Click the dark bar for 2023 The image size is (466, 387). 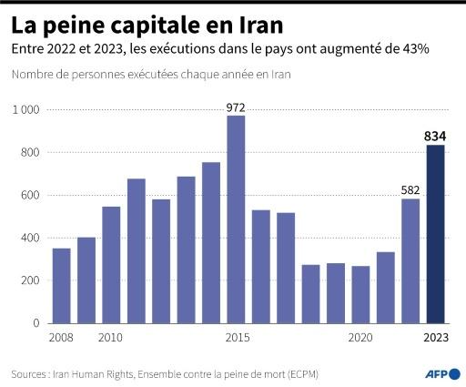click(435, 234)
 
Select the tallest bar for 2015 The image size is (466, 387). click(236, 219)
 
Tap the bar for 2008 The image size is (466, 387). click(62, 285)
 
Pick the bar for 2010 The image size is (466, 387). click(111, 264)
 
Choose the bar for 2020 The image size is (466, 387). click(360, 294)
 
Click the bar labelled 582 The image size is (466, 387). click(410, 260)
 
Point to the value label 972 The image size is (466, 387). click(236, 107)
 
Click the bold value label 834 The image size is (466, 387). click(435, 137)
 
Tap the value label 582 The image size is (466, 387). click(410, 189)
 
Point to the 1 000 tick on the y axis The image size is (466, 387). click(25, 110)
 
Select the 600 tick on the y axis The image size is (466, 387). click(30, 195)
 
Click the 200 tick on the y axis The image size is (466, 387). click(30, 280)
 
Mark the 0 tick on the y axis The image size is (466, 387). click(36, 323)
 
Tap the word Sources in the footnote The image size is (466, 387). click(30, 374)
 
